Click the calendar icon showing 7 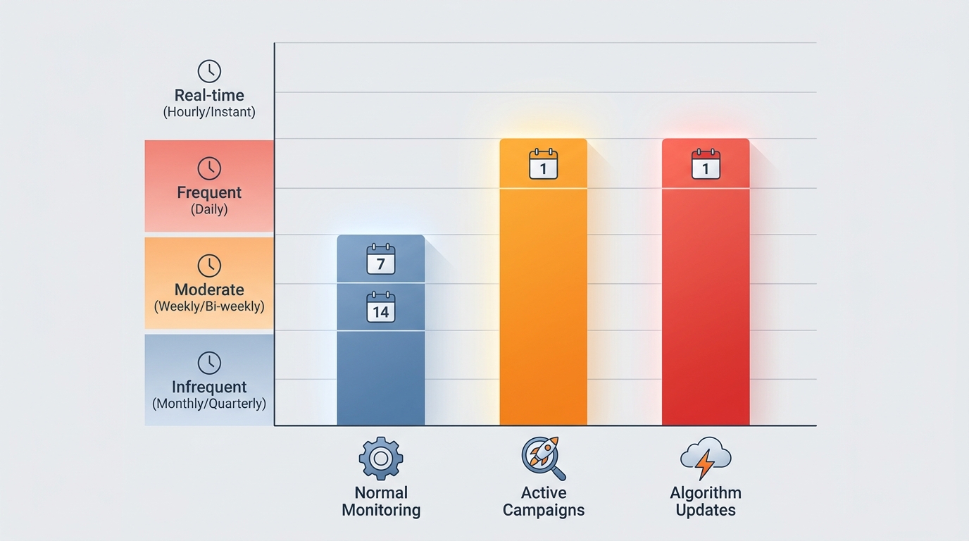(381, 259)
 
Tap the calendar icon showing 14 (381, 308)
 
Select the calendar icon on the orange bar (543, 163)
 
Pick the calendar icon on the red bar (706, 163)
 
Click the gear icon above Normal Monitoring (381, 459)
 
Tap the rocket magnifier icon (543, 458)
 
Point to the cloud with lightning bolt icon (706, 458)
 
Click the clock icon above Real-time (209, 71)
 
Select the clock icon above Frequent (209, 168)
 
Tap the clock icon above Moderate (209, 266)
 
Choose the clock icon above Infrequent (209, 363)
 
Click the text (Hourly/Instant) (209, 112)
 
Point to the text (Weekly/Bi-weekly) (209, 306)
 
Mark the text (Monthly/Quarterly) (209, 404)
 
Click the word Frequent (209, 192)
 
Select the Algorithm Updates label (706, 501)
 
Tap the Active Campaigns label (543, 501)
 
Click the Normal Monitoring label (381, 501)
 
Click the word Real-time (209, 95)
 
